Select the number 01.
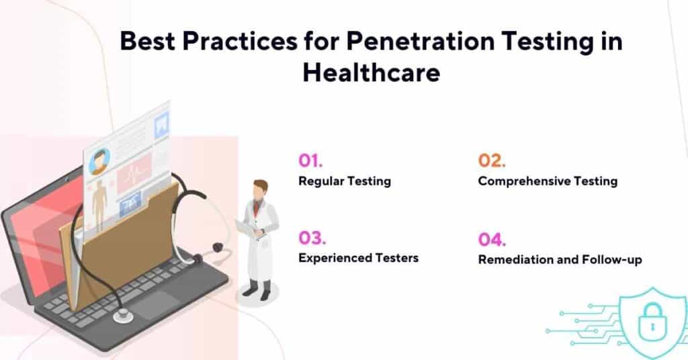point(311,161)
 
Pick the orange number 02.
point(492,161)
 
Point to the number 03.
point(312,238)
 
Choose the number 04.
point(492,239)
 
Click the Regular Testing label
point(345,181)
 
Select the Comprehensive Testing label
point(548,181)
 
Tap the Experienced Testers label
point(358,258)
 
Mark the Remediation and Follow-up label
point(560,259)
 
